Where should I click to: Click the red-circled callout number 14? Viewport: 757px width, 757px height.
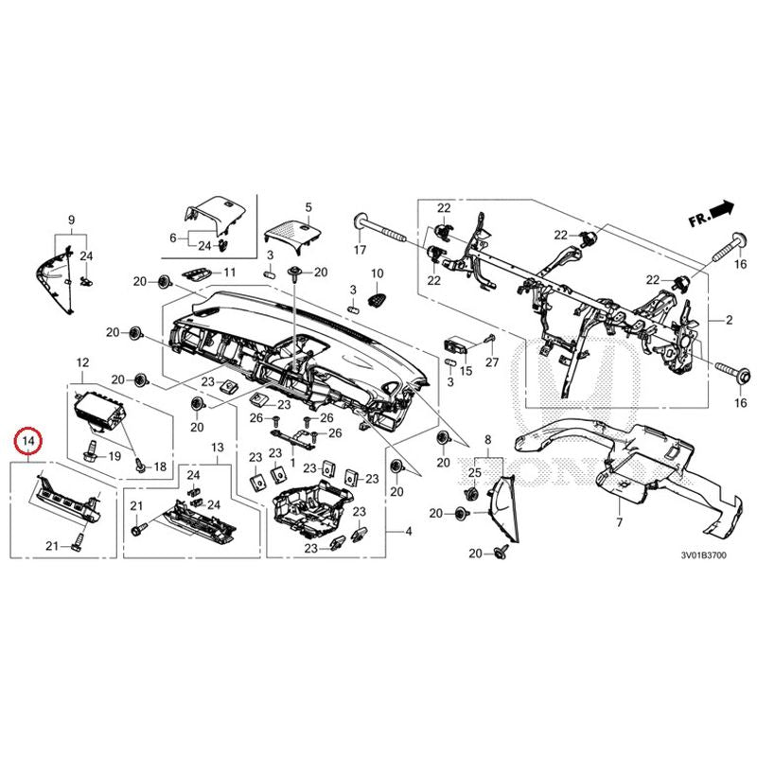coord(28,441)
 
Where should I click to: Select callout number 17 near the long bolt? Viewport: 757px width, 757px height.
coord(360,251)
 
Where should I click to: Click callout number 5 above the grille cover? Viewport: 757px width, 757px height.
coord(308,206)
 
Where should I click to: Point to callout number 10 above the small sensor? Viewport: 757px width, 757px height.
coord(377,273)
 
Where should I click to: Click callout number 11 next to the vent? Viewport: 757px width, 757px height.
coord(228,273)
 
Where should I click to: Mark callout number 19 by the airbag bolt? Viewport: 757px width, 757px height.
coord(114,456)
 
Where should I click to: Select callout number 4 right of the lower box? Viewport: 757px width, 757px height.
coord(409,533)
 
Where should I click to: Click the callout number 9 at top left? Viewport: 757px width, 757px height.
coord(70,220)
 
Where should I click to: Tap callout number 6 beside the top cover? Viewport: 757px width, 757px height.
coord(173,238)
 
